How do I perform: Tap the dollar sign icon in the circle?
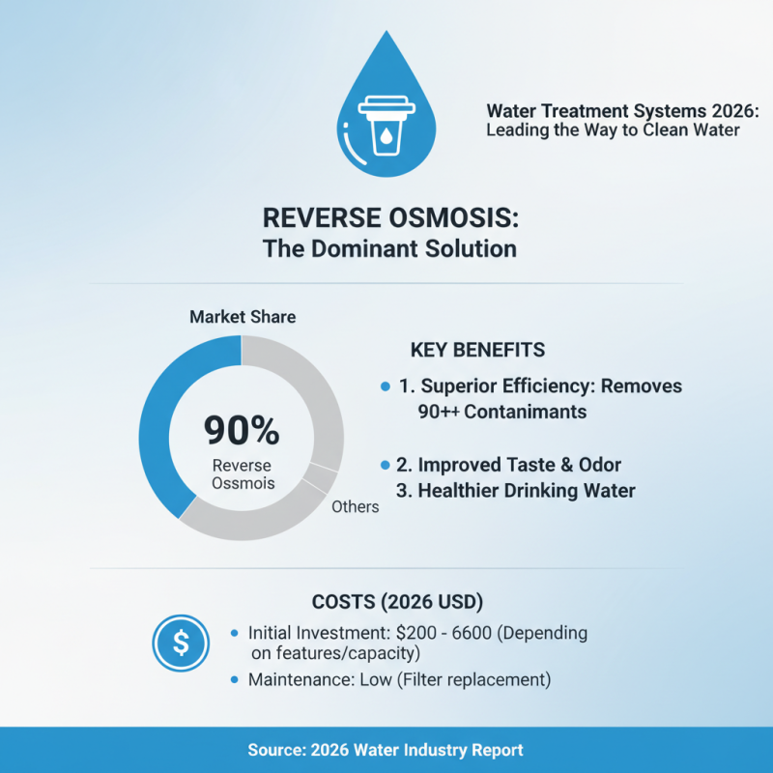[x=181, y=643]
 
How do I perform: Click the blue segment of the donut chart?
[x=169, y=415]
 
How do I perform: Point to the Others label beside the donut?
[x=355, y=506]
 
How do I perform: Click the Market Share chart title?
[x=243, y=317]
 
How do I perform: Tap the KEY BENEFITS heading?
[x=477, y=350]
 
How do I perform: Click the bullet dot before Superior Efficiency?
[x=385, y=386]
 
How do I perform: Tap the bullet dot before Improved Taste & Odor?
[x=385, y=464]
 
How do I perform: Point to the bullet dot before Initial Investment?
[x=236, y=633]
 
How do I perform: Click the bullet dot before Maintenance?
[x=236, y=680]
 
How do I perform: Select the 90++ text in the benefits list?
[x=437, y=412]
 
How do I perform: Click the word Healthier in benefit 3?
[x=464, y=491]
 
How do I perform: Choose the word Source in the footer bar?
[x=276, y=750]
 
